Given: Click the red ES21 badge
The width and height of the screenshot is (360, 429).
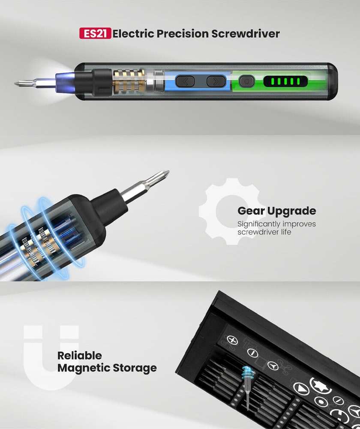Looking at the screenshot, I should pos(95,33).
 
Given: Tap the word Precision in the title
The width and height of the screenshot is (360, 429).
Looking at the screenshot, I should pos(182,33).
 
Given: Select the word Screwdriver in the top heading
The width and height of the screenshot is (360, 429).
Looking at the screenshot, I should pos(245,33).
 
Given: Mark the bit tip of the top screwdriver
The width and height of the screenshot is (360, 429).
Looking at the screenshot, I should pos(18,82).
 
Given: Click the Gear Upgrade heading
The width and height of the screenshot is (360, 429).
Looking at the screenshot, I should pos(276,211).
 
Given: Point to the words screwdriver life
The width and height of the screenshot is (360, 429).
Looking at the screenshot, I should pos(264,232).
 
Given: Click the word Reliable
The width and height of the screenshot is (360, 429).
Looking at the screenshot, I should pos(80,355).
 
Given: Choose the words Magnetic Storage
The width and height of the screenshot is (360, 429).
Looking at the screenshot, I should pos(107,368).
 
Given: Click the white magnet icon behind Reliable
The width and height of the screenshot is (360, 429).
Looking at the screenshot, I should pos(51,356).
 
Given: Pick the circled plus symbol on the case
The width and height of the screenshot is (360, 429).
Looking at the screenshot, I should pos(233,340).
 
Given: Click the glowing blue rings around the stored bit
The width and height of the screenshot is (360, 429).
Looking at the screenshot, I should pos(247,373).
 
